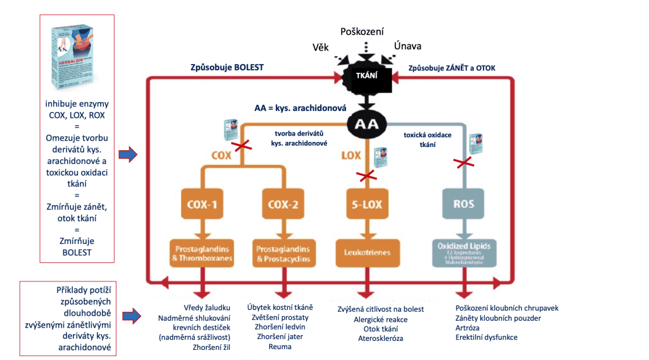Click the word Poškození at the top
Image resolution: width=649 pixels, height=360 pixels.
[x=362, y=31]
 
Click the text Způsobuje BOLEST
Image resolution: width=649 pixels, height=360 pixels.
[x=227, y=67]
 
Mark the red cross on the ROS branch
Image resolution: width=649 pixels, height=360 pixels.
[x=465, y=164]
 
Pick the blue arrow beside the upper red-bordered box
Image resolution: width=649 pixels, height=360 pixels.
[x=128, y=154]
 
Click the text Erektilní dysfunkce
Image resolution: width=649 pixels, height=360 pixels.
[x=486, y=337]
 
